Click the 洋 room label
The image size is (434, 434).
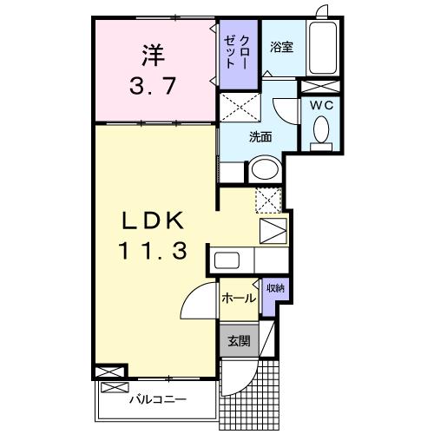(153, 54)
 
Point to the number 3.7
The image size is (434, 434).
(153, 87)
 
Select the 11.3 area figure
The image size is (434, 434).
(153, 253)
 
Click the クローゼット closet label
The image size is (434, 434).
(237, 53)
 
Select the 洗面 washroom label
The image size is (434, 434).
(261, 136)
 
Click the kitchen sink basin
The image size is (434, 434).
(227, 260)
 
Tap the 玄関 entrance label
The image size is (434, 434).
(238, 340)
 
